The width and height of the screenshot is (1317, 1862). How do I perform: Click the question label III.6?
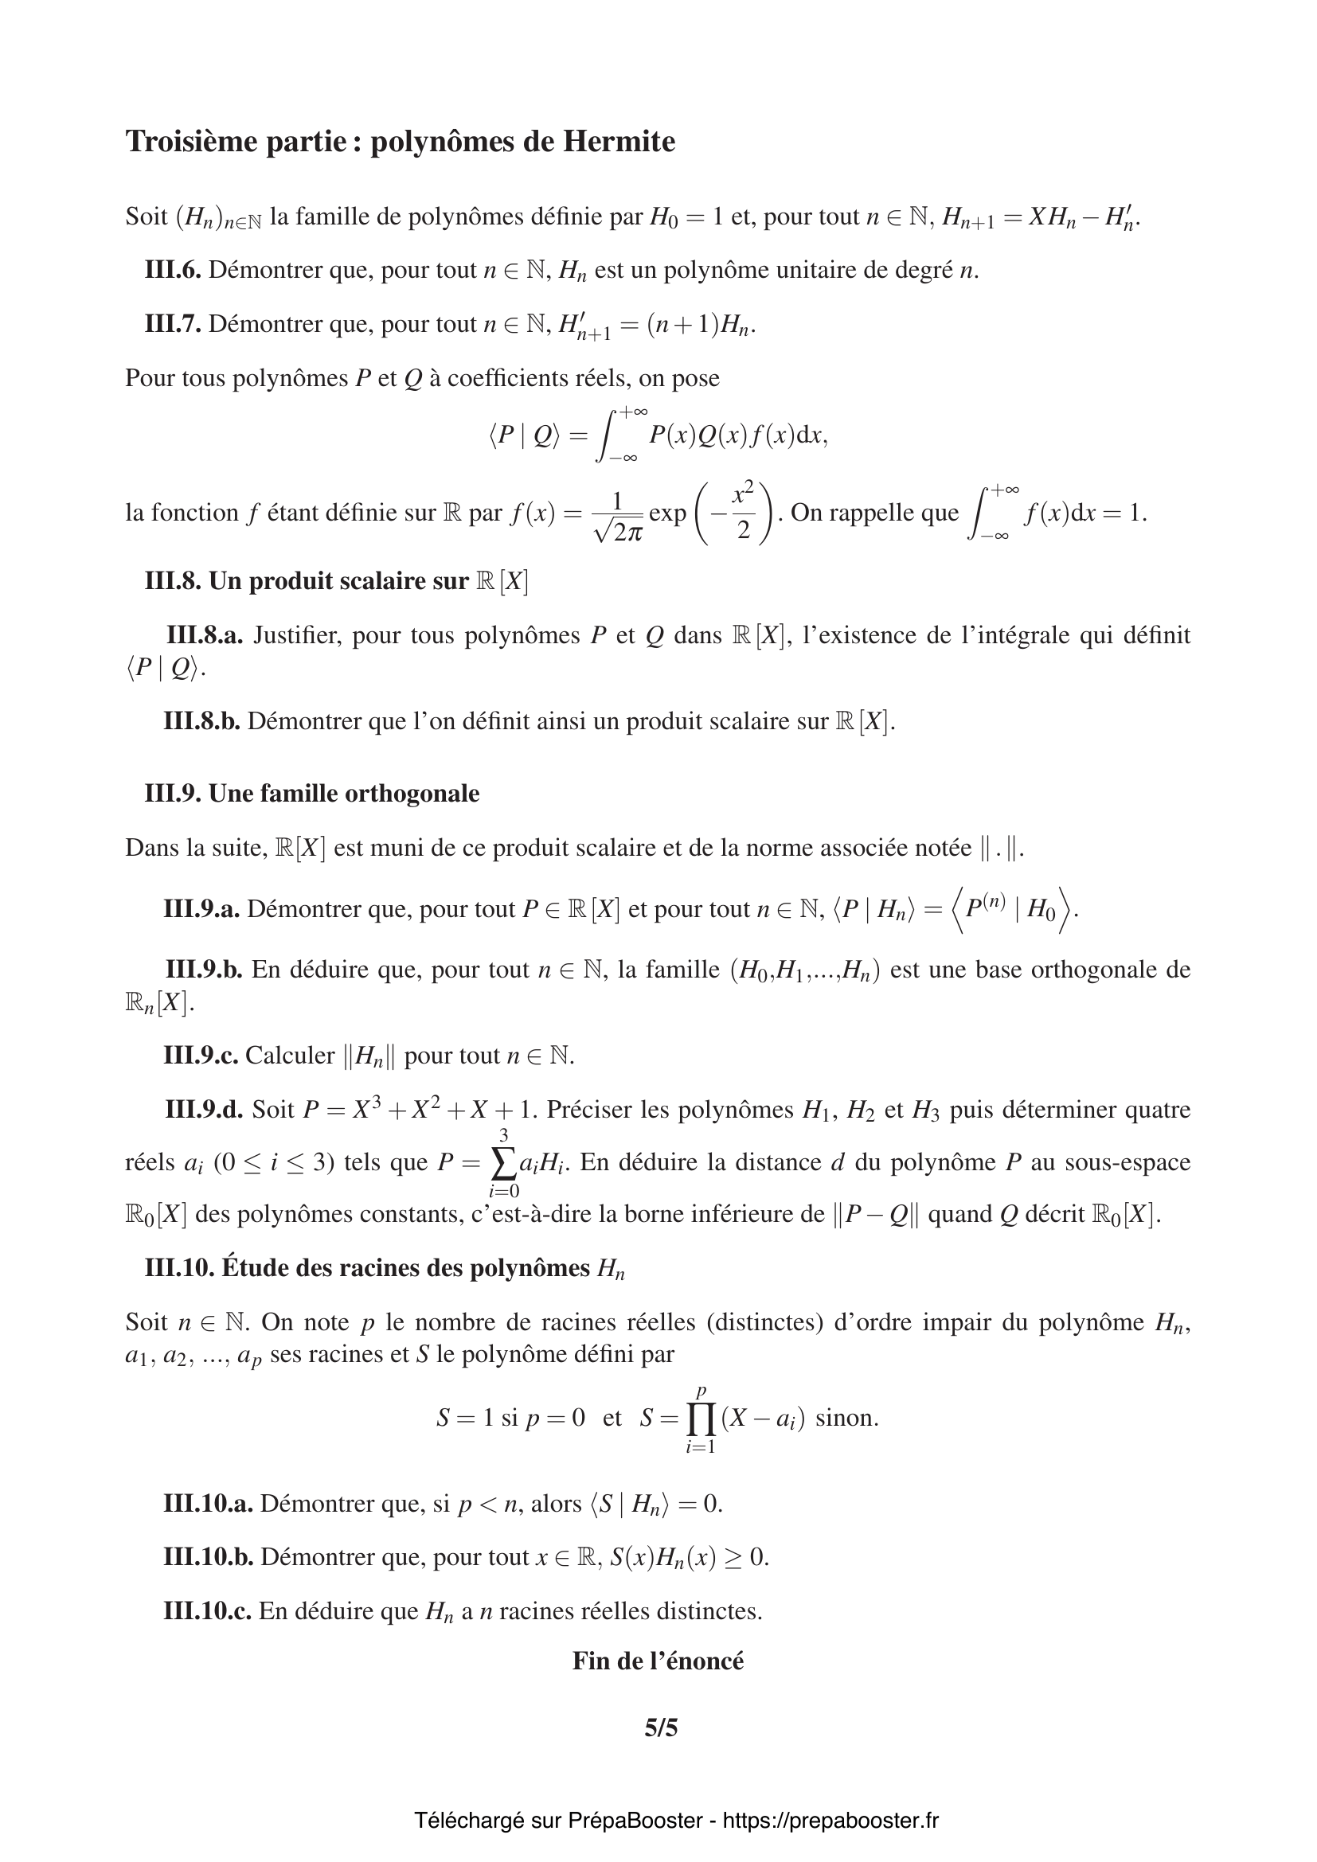(x=173, y=270)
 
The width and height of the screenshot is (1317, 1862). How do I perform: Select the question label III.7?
(x=173, y=324)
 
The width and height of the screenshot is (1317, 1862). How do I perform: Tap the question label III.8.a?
(x=205, y=635)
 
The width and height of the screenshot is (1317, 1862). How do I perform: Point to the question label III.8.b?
(x=202, y=721)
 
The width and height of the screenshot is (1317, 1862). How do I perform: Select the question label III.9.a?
(x=201, y=909)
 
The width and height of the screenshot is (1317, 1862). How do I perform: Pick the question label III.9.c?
(x=201, y=1055)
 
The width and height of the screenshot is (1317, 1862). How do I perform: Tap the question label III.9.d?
(x=205, y=1109)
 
